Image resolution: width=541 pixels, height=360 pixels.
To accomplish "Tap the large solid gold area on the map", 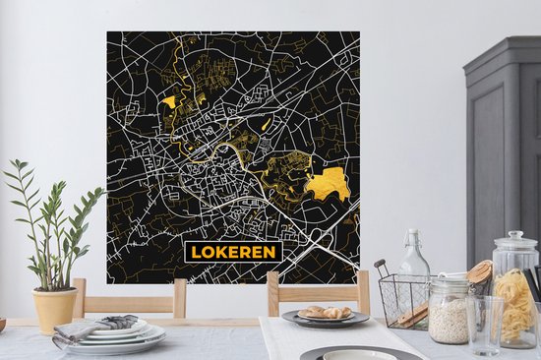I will point(328,183).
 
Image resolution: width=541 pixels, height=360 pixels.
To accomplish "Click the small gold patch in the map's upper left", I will point(169,101).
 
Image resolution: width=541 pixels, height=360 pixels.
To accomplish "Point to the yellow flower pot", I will point(55,309).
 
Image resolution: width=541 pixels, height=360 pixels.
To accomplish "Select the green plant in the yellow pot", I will point(54,221).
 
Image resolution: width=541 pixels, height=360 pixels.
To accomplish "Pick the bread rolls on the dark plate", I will point(325,312).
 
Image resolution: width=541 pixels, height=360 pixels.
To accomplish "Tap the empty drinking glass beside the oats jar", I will point(483,324).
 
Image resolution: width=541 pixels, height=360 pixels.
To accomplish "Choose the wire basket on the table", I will point(403,299).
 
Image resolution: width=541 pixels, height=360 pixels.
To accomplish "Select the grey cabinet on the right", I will point(503,148).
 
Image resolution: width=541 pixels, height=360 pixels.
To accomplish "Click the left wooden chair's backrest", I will point(130,296).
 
